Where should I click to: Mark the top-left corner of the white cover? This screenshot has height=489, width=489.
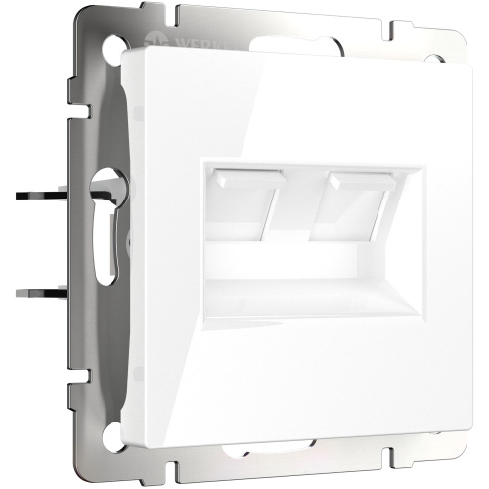126,55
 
